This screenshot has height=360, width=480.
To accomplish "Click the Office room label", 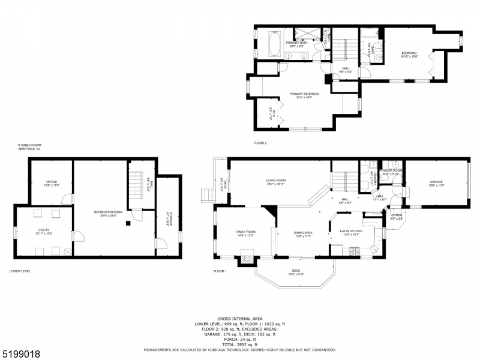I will tap(51, 184).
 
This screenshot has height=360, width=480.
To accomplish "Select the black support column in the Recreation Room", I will tap(128, 224).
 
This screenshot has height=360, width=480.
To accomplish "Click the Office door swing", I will tap(68, 199).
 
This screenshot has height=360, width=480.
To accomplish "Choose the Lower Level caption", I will tap(20, 271).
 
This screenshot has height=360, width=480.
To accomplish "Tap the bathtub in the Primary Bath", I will tap(275, 44).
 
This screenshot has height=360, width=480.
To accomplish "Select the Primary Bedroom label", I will tap(304, 95).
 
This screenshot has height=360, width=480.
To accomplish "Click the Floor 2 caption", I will tap(260, 143).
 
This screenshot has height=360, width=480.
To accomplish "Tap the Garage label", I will tap(436, 184).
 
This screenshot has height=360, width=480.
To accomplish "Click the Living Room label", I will tap(276, 182).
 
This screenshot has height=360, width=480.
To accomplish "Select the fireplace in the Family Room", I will tap(247, 260).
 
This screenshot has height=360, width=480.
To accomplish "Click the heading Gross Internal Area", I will tap(239, 319).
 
